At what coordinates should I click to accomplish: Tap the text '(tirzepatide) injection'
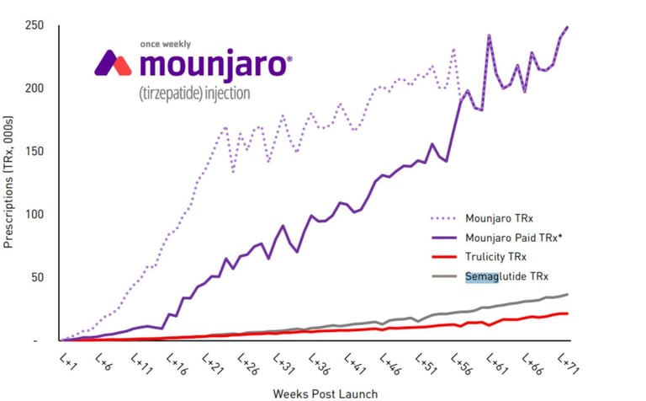(x=194, y=92)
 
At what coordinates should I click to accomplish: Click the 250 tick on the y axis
(x=36, y=25)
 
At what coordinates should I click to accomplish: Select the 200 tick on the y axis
(x=36, y=88)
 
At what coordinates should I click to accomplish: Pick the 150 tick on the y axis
(x=36, y=152)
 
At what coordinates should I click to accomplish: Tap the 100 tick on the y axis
(x=36, y=215)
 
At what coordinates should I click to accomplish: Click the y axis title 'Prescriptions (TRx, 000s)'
(x=9, y=182)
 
